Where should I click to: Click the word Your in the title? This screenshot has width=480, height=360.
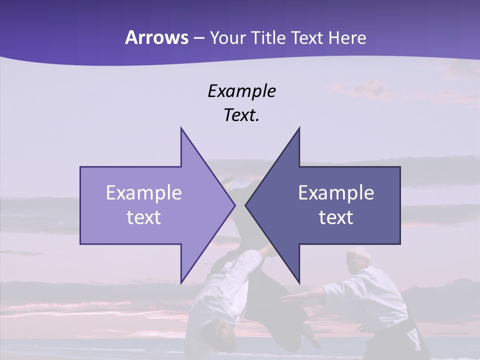coord(227,37)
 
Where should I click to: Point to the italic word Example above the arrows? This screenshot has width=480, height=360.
coord(242,91)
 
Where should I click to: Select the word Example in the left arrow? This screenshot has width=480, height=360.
coord(144,193)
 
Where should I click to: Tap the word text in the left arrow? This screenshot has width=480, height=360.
coord(144,217)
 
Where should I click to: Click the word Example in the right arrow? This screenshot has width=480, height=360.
coord(336,193)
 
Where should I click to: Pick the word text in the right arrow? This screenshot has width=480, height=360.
coord(336,217)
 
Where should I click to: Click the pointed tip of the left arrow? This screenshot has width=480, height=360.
coord(234,205)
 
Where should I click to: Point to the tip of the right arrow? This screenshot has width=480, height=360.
coord(245,205)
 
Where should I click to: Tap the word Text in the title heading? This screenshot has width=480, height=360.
coord(307,37)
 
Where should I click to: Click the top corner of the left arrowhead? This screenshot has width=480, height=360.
coord(181,128)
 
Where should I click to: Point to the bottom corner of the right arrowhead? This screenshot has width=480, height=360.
coord(299,282)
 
